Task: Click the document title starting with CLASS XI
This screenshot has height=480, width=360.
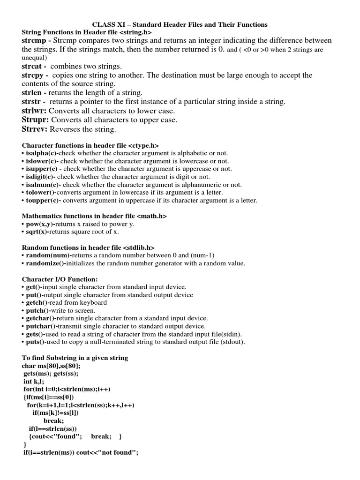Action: click(x=180, y=24)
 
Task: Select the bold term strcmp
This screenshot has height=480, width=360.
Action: click(x=35, y=41)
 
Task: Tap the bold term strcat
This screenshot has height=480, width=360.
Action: click(x=33, y=67)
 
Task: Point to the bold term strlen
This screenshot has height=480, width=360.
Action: click(x=33, y=93)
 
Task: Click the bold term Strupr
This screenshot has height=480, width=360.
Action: click(x=34, y=120)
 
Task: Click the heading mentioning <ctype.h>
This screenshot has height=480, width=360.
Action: click(x=93, y=146)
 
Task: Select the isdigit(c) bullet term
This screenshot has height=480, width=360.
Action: click(x=40, y=177)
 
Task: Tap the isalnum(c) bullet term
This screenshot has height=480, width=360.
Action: click(x=41, y=185)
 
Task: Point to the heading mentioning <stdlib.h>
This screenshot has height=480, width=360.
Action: click(x=88, y=247)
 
